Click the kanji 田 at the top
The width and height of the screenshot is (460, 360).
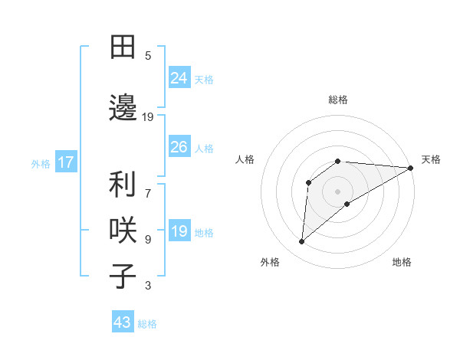pyautogui.click(x=123, y=47)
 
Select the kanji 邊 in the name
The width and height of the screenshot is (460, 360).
pyautogui.click(x=123, y=108)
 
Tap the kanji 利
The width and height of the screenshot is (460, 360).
pyautogui.click(x=123, y=185)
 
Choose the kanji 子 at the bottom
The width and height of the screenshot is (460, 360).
pyautogui.click(x=123, y=276)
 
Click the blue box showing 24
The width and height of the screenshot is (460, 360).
pyautogui.click(x=179, y=77)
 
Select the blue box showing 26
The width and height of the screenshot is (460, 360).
pyautogui.click(x=179, y=147)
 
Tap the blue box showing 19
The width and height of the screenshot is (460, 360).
pyautogui.click(x=179, y=231)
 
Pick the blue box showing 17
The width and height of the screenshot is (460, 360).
pyautogui.click(x=65, y=162)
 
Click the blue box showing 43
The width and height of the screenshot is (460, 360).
pyautogui.click(x=123, y=322)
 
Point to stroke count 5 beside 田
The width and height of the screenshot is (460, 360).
pyautogui.click(x=148, y=55)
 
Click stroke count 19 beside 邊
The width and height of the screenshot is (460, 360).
pyautogui.click(x=148, y=117)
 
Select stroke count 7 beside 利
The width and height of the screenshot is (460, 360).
pyautogui.click(x=148, y=185)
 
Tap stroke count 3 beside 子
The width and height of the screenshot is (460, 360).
pyautogui.click(x=148, y=286)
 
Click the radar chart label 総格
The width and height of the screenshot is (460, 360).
pyautogui.click(x=338, y=100)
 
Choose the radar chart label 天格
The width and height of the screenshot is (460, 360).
pyautogui.click(x=431, y=159)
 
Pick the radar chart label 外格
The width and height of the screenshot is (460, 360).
pyautogui.click(x=270, y=262)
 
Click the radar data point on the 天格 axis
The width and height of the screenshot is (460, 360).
pyautogui.click(x=411, y=167)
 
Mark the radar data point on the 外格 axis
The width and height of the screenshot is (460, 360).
pyautogui.click(x=301, y=242)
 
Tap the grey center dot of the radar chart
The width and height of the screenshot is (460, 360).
pyautogui.click(x=337, y=191)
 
